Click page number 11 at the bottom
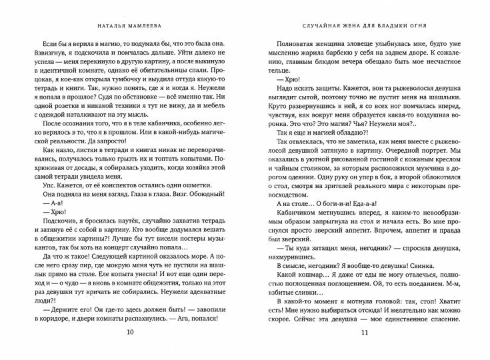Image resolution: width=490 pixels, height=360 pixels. [363, 334]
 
